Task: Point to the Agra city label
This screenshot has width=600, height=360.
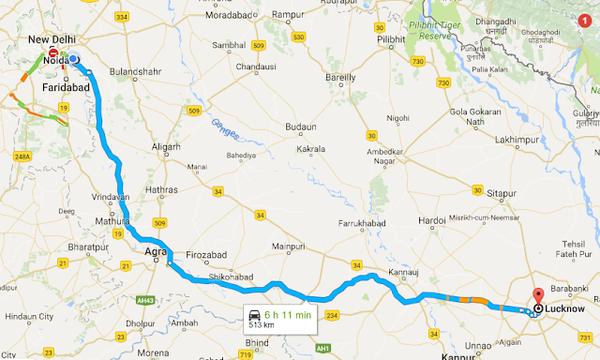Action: tap(155, 250)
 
